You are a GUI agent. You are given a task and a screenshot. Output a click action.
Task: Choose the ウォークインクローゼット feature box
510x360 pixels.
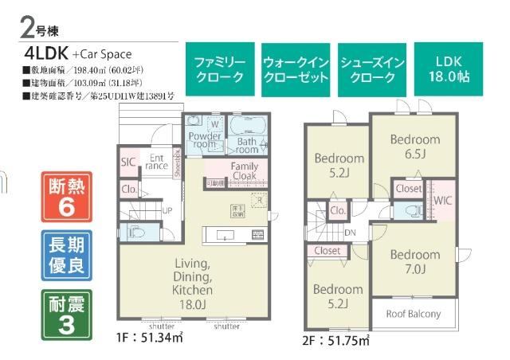click(x=296, y=70)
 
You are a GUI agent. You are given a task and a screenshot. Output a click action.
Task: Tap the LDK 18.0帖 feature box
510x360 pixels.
click(x=449, y=70)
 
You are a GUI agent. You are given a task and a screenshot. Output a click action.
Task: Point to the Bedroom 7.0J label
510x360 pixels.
click(x=414, y=262)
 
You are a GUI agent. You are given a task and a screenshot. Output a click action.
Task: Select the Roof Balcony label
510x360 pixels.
click(x=414, y=314)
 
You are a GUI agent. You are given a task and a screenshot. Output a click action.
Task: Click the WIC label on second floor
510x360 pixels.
click(x=443, y=200)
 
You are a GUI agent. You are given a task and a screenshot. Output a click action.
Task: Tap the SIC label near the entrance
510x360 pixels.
click(x=128, y=162)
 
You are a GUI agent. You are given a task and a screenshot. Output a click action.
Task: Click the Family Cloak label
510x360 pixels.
click(x=245, y=170)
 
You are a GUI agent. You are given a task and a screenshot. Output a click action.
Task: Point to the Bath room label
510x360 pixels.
click(x=248, y=146)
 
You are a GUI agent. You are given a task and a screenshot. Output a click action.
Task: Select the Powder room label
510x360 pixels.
click(x=205, y=141)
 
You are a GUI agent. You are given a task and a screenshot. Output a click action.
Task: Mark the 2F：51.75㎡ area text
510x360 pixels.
click(x=335, y=341)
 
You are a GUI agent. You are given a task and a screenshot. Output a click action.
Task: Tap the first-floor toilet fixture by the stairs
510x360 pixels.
click(x=135, y=233)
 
